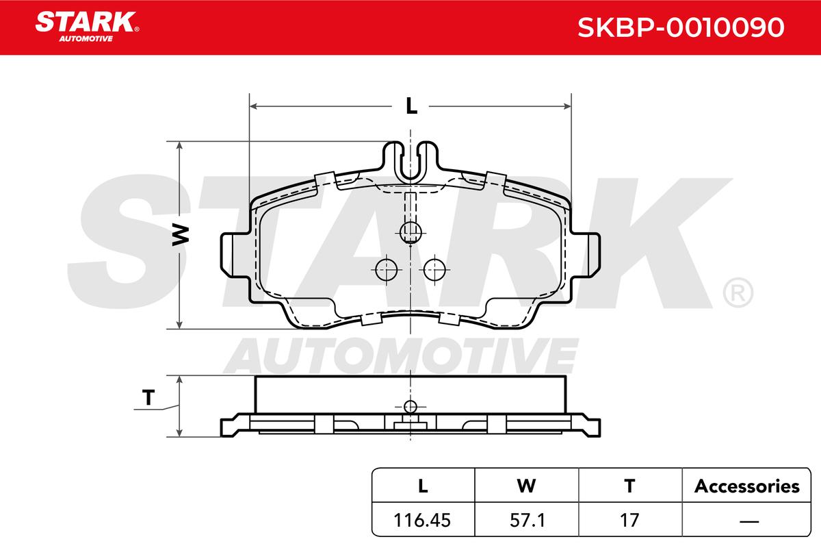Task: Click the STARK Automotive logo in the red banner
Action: (87, 27)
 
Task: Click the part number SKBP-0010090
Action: (681, 27)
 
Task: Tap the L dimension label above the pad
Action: (411, 106)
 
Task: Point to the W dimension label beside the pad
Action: (181, 235)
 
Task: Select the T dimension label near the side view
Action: (148, 397)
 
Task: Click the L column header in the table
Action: (423, 486)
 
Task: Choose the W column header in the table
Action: (526, 486)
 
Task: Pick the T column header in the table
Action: (629, 486)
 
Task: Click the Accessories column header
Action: (746, 486)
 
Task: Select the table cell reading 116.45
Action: (422, 520)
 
